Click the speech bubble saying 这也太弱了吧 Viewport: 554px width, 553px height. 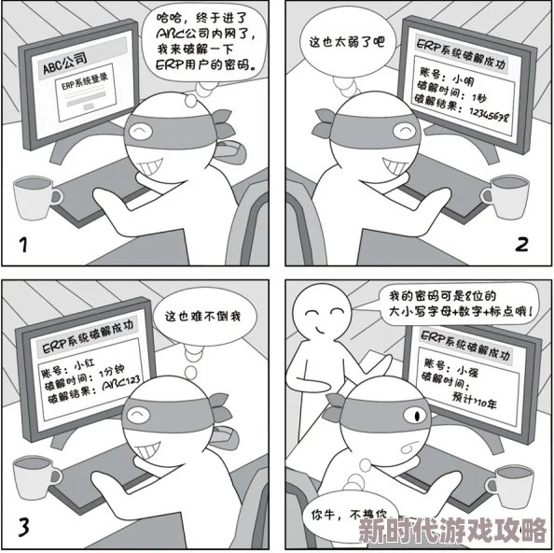click(x=346, y=42)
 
